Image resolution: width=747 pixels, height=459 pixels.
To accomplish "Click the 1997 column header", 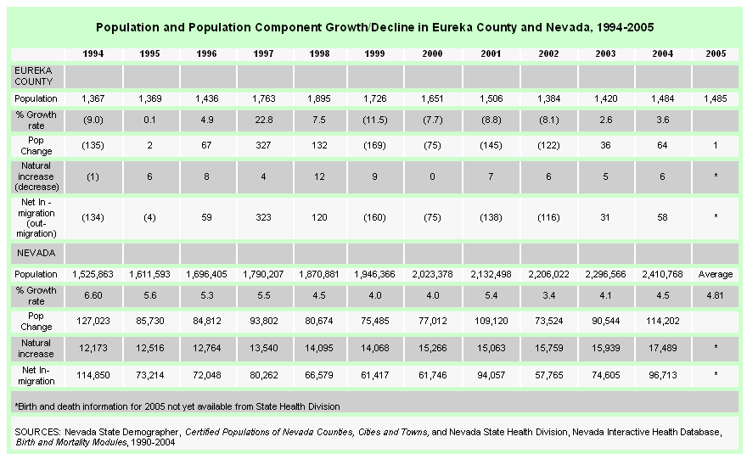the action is pos(263,53).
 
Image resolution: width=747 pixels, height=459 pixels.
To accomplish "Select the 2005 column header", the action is pos(716,53).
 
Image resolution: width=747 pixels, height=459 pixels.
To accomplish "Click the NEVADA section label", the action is pos(37,253).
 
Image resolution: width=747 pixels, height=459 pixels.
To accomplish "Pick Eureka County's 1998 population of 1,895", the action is pos(319,98).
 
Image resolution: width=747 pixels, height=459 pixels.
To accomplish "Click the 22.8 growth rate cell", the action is pos(263,120).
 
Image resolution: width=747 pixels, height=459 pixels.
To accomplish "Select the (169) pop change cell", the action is pos(374,145).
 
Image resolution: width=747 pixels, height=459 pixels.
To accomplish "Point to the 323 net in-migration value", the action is pos(263,217).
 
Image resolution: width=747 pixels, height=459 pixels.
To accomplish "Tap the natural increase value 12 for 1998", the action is pos(319,176).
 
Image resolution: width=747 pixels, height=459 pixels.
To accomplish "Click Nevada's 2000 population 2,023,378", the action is pos(432,274).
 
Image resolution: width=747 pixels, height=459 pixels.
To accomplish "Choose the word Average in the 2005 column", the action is pos(716,274).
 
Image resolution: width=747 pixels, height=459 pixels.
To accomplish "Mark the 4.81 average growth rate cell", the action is pos(716,295).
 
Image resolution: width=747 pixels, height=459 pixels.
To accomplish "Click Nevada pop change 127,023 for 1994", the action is pos(93,321).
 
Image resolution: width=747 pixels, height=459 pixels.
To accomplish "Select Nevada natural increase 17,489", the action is pos(662,348).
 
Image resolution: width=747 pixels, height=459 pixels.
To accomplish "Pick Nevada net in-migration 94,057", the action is pos(491,375).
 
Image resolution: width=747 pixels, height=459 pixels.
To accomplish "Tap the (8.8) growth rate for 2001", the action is pos(491,120).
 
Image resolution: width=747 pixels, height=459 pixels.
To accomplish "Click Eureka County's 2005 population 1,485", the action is pos(716,98).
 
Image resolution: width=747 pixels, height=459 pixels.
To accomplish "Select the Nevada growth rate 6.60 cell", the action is pos(93,295).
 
